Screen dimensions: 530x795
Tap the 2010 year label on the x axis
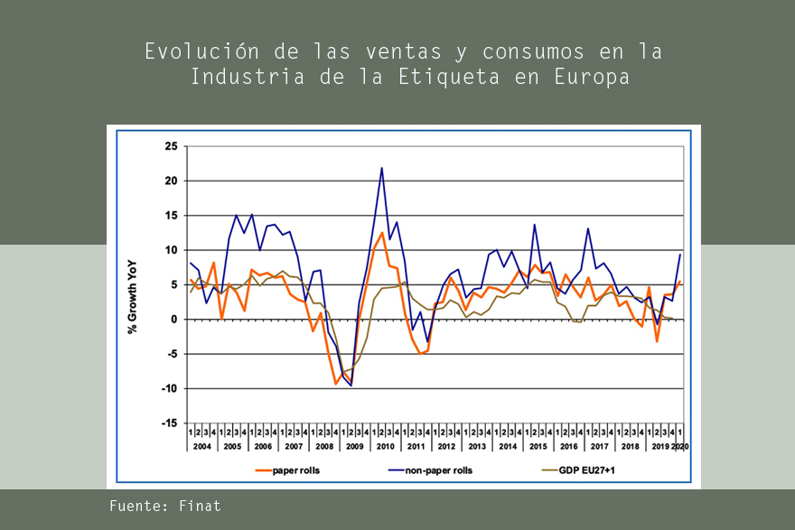(386, 447)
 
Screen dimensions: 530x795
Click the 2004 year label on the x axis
(202, 447)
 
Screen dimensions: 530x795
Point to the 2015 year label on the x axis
(538, 447)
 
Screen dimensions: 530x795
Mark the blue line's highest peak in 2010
(381, 167)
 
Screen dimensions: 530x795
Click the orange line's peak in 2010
(382, 233)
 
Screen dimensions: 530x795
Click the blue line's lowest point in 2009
(351, 386)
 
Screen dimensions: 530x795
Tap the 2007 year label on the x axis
(294, 447)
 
